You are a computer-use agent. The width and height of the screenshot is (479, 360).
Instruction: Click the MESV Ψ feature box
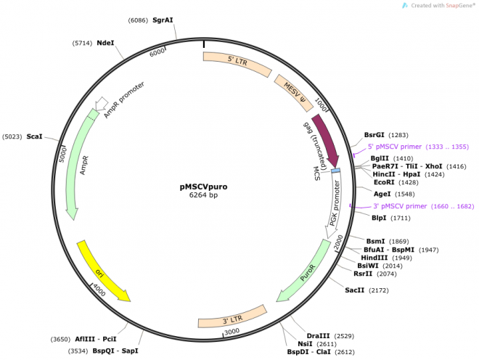(295, 91)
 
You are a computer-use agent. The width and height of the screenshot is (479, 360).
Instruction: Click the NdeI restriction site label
(105, 43)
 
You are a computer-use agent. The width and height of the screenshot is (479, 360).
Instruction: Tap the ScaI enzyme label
(35, 136)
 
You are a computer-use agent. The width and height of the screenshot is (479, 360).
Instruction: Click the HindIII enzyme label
(375, 258)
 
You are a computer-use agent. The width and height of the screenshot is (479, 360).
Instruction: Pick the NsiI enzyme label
(305, 343)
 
